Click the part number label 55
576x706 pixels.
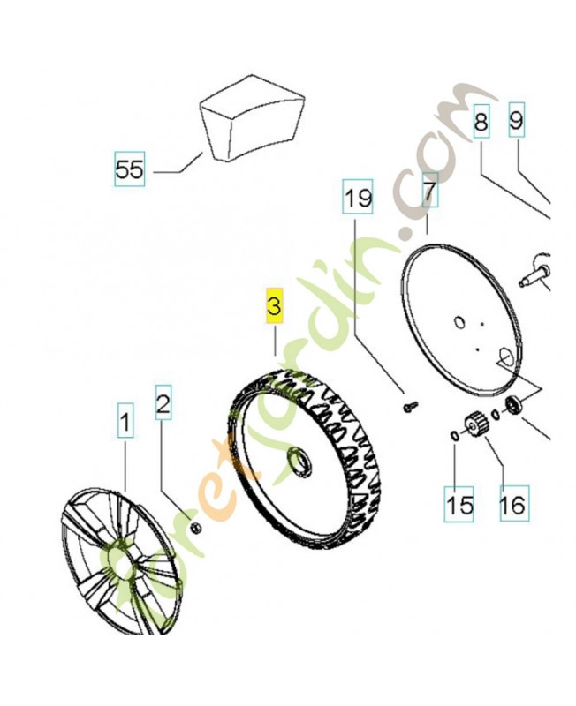pyautogui.click(x=129, y=168)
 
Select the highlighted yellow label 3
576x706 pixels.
pyautogui.click(x=274, y=305)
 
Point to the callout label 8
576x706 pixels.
pyautogui.click(x=481, y=123)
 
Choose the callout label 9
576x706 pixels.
pyautogui.click(x=516, y=123)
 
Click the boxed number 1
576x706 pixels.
pyautogui.click(x=125, y=424)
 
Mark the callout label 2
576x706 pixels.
pyautogui.click(x=163, y=405)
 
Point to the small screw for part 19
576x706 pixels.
pyautogui.click(x=409, y=406)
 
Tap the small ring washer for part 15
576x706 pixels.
pyautogui.click(x=453, y=436)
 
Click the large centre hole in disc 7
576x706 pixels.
pyautogui.click(x=459, y=322)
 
